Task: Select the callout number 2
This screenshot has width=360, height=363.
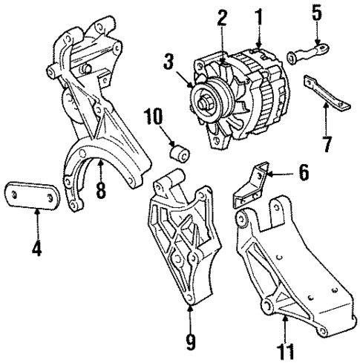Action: point(222,19)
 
